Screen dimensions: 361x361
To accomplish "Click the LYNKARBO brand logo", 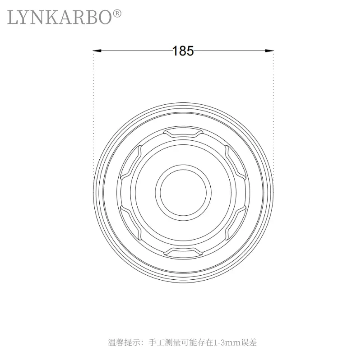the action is (x=64, y=17).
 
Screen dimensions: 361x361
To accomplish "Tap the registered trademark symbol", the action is (x=117, y=14).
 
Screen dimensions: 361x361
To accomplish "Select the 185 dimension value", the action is (x=183, y=51).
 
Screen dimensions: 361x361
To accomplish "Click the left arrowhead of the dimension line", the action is (x=97, y=51).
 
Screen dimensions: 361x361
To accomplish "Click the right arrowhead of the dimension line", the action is (x=269, y=51).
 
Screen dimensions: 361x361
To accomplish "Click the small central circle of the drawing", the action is (x=183, y=193).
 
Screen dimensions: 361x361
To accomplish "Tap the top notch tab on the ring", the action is (x=183, y=133).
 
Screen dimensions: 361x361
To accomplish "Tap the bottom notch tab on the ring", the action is (x=183, y=252).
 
